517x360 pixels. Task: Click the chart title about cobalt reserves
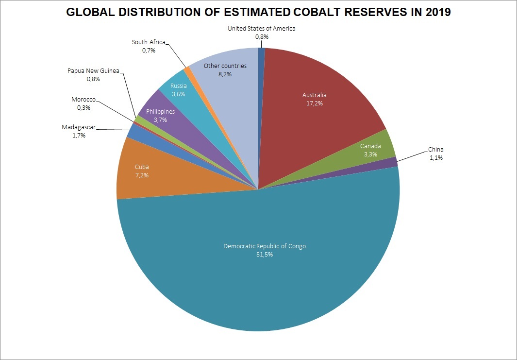coord(258,13)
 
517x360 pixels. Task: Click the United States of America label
coord(261,28)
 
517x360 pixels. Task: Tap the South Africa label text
coord(149,42)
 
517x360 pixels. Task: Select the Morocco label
coord(83,100)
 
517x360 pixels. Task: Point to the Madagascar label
coord(79,127)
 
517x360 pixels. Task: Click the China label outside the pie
coord(435,150)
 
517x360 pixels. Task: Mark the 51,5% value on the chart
coord(265,255)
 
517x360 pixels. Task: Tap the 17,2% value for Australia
coord(315,103)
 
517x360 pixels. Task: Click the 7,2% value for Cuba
coord(142,175)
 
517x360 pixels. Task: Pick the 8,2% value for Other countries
coord(225,74)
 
